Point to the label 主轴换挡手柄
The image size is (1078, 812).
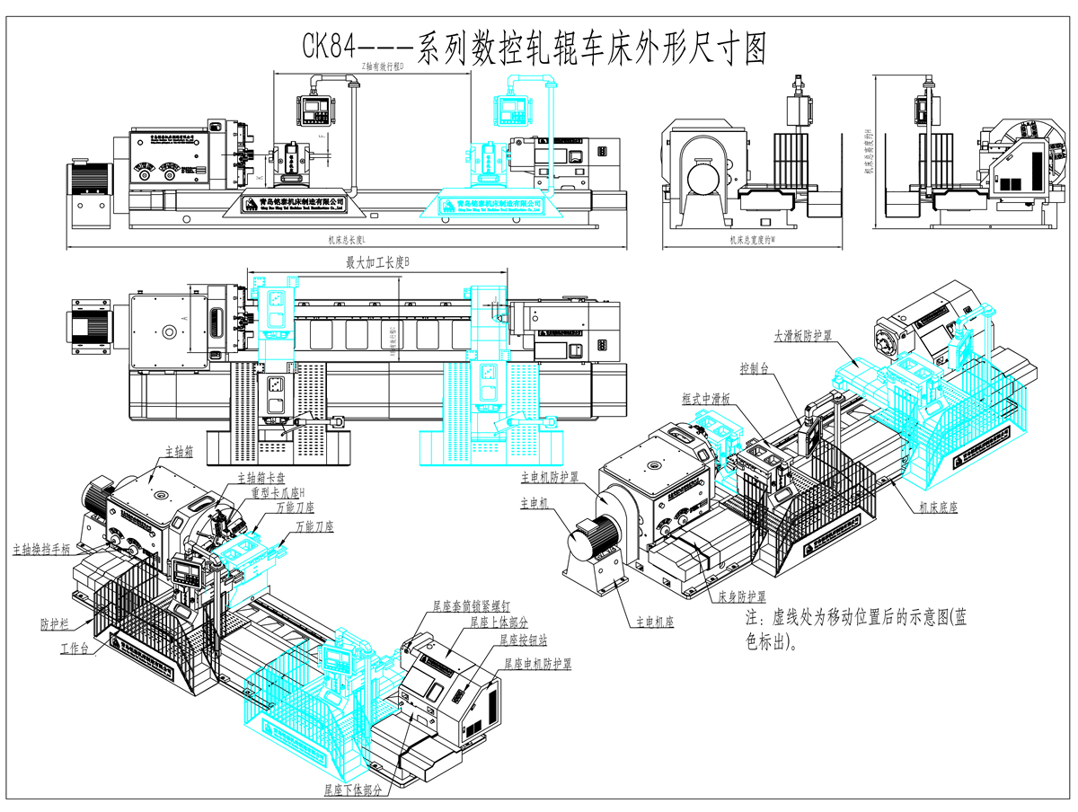(x=42, y=547)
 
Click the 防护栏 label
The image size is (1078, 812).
(x=55, y=622)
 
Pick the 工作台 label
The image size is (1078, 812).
(x=75, y=649)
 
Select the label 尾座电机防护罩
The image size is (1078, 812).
(x=536, y=664)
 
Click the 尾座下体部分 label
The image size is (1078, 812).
(x=354, y=790)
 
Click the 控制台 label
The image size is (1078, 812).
(x=754, y=369)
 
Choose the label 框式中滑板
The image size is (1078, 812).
(x=707, y=398)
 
